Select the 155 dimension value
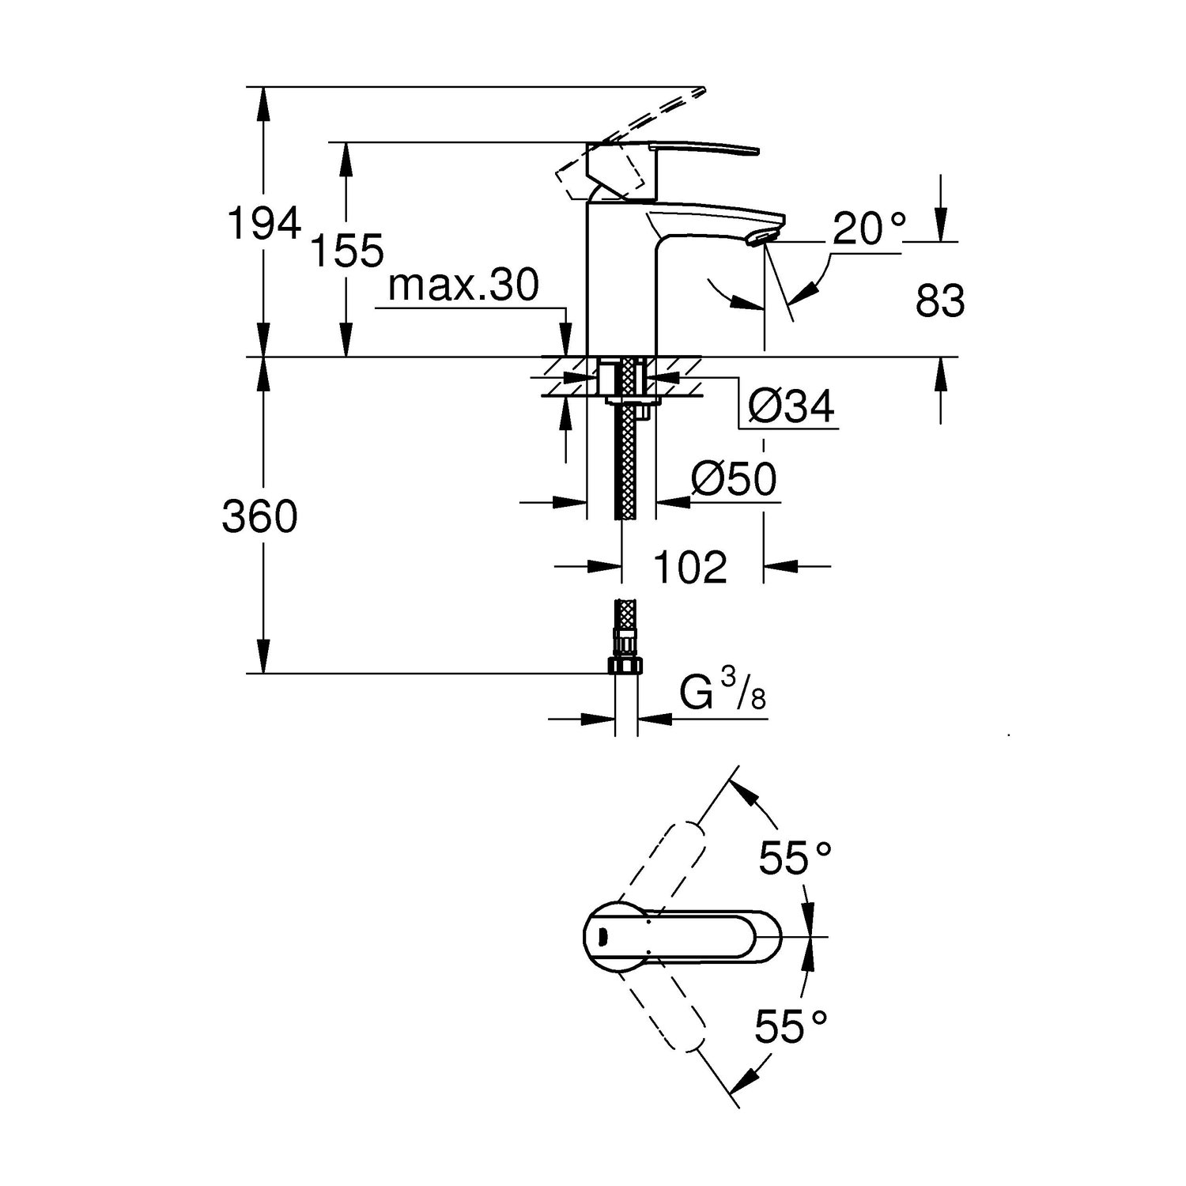(347, 251)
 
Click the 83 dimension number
(940, 301)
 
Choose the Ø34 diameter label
(791, 407)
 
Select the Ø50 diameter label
(734, 479)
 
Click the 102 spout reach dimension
(690, 567)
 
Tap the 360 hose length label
(259, 517)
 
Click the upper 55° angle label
(795, 859)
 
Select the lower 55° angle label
(791, 1026)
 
